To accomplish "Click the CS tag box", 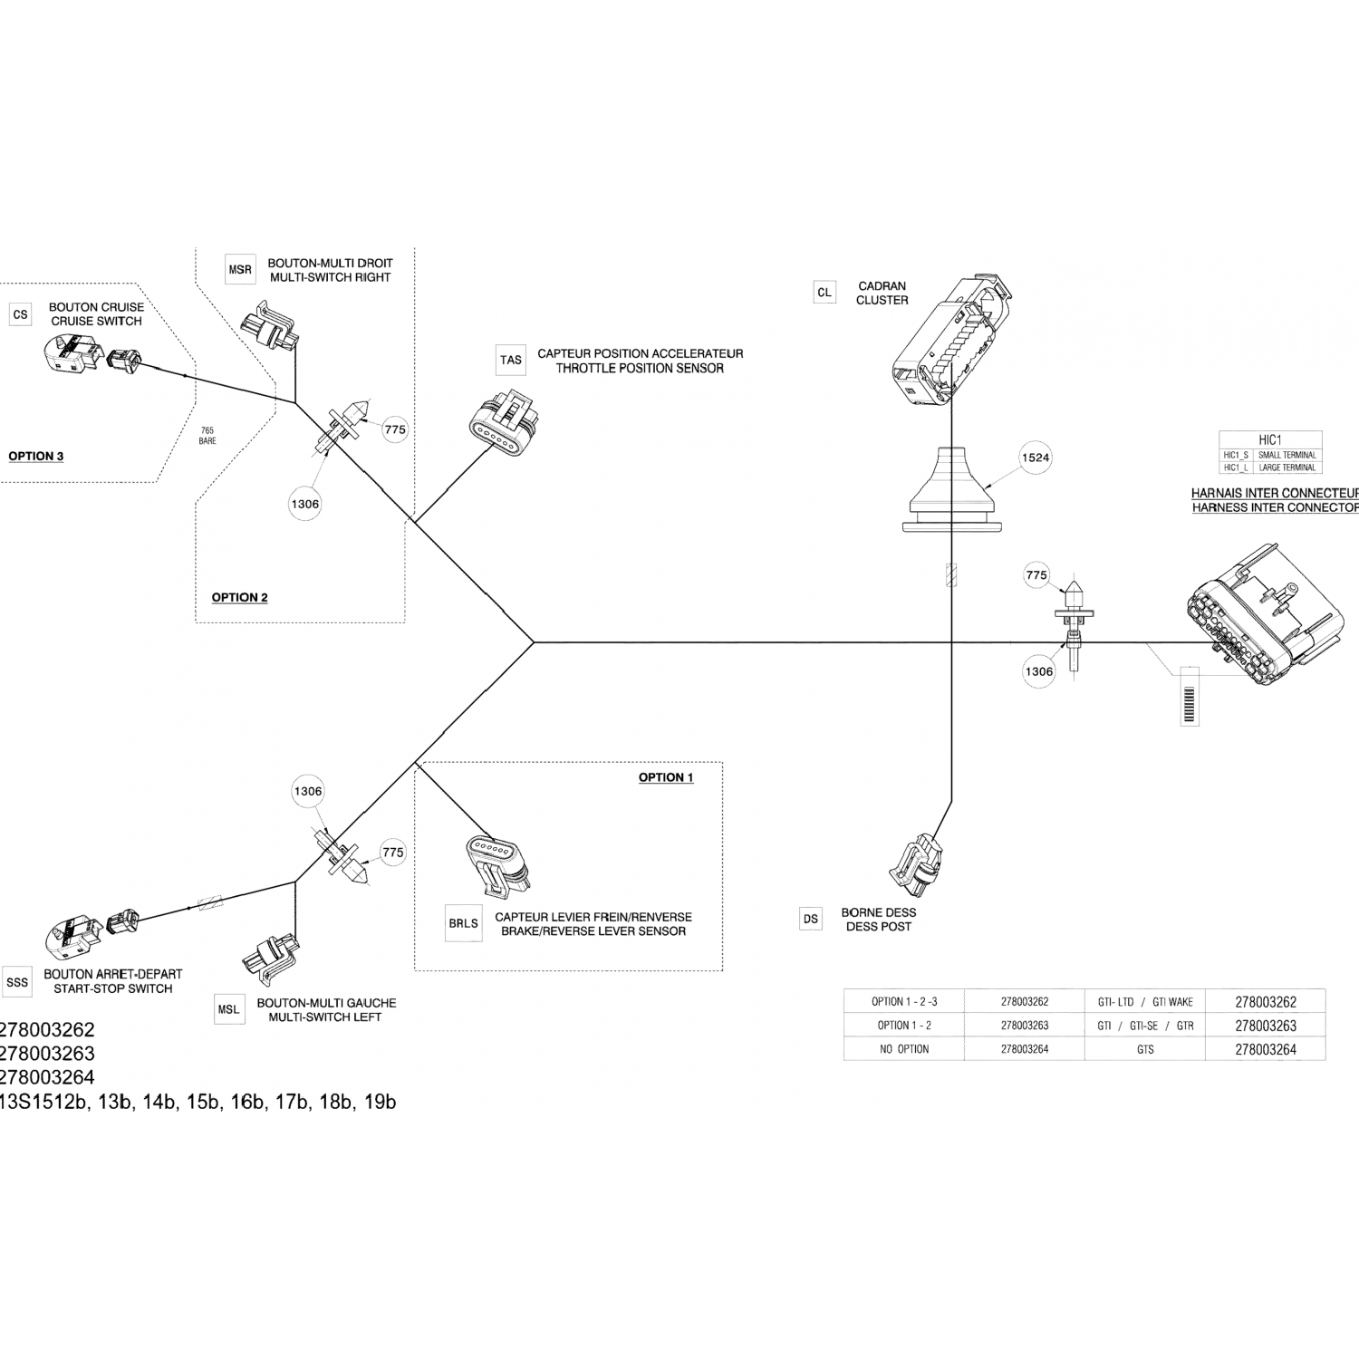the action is coord(20,314).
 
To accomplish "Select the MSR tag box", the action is coord(240,270).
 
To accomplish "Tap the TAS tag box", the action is coord(511,360).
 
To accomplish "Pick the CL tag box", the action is coord(824,293).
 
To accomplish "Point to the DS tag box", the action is coord(811,919).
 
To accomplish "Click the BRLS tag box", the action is coord(463,923).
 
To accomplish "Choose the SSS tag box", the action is coord(17,981).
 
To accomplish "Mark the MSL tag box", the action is coord(229,1009).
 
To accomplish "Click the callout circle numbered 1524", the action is coord(1036,458).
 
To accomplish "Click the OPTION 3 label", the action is coord(36,456).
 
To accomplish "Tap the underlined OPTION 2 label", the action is coord(239,597).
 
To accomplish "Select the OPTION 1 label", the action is coord(666,777).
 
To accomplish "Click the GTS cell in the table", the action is coord(1145,1049).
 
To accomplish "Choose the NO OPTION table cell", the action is coord(904,1049).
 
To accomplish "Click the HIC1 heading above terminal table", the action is coord(1270,439).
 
